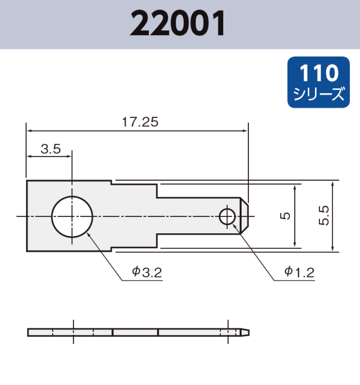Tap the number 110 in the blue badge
pos(318,73)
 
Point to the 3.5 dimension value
pos(50,149)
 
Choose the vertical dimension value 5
pos(286,215)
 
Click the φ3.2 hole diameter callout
pos(147,272)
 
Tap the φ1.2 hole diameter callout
pos(299,272)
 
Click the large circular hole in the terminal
pos(72,216)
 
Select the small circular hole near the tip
pos(227,216)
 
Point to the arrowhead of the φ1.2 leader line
pos(233,225)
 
